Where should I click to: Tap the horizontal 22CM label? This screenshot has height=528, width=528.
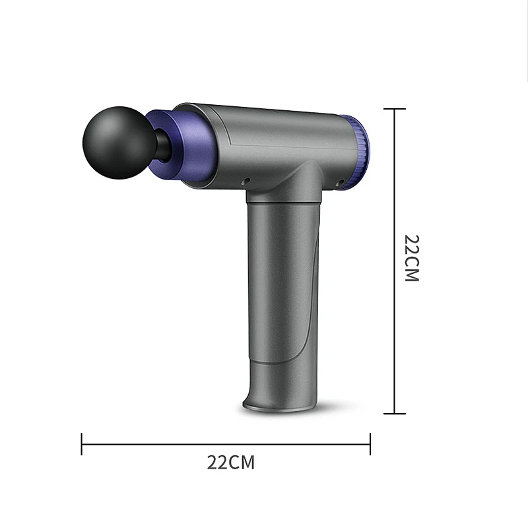point(230,462)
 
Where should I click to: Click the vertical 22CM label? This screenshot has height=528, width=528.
point(412,257)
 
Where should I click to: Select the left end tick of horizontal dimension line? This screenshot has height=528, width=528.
point(82,444)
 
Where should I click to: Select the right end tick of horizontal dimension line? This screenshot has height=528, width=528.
point(370,444)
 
